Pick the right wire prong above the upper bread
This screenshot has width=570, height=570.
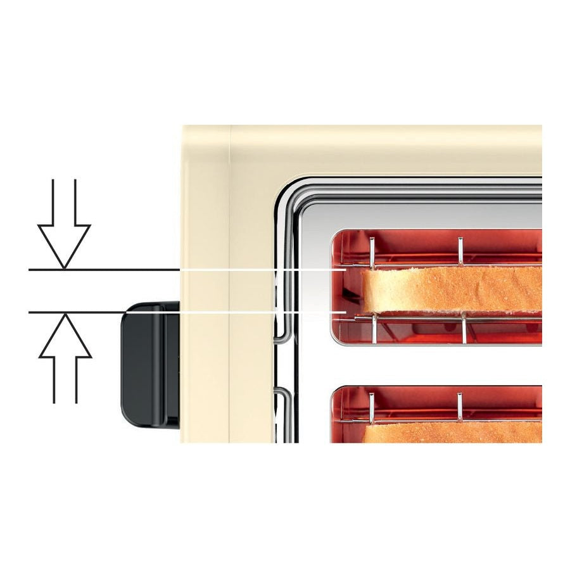point(460,250)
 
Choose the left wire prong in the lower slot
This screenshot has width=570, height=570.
point(371,407)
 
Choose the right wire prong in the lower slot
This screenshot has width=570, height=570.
point(460,407)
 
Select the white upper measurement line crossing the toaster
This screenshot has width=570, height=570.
point(260,270)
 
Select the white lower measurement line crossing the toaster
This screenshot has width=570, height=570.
point(253,312)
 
